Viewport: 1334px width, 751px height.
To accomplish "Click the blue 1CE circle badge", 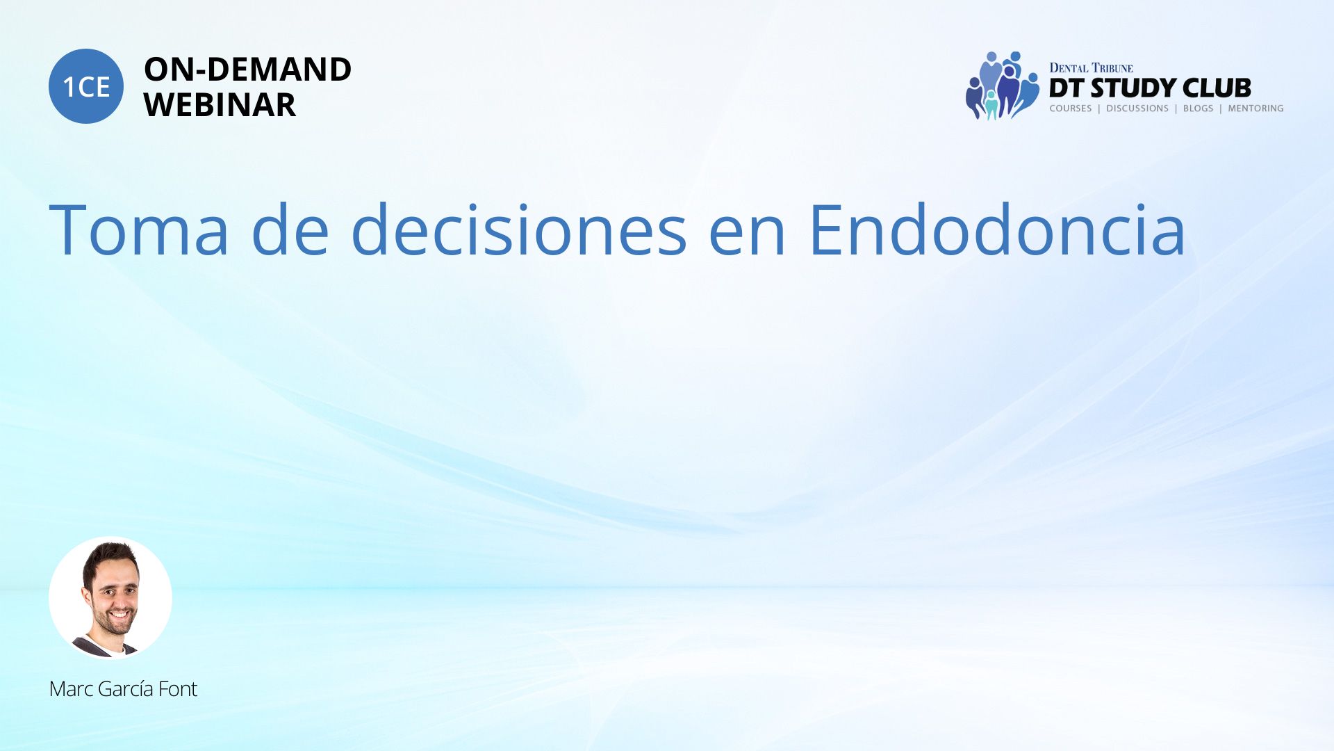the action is coord(86,86).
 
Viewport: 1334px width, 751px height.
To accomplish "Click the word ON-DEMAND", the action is coord(247,70).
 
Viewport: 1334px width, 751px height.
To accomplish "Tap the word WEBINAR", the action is coord(220,105).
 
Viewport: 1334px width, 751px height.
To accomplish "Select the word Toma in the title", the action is coord(139,229).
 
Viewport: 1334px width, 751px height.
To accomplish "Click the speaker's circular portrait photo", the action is coord(110,597).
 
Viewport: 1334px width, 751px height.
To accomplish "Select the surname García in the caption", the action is coord(126,689).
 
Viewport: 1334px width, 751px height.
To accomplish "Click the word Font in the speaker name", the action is coord(178,689).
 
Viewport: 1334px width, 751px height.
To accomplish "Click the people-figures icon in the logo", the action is coord(1002,86).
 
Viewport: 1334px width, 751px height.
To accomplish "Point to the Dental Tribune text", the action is coord(1091,68).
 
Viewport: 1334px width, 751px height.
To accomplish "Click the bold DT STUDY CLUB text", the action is coord(1150,88).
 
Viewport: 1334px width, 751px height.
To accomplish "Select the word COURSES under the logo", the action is coord(1071,108).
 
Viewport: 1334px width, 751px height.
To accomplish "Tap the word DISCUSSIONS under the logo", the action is coord(1137,108).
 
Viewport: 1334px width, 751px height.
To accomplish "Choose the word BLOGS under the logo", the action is coord(1198,108).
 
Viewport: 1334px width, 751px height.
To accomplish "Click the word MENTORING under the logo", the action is coord(1255,108).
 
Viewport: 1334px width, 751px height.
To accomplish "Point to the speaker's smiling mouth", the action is coord(119,615).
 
